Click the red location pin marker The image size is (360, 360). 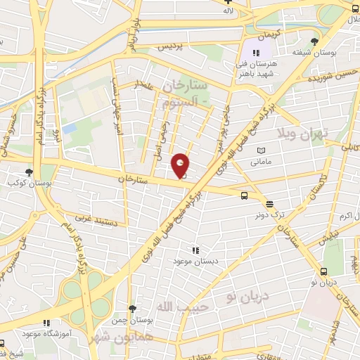181,165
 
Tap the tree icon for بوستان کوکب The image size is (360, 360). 29,172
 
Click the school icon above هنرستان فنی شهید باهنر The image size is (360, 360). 257,52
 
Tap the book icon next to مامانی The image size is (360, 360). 262,150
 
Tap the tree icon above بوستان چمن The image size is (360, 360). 132,309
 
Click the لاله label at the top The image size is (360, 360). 227,11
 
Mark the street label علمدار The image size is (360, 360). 145,85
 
